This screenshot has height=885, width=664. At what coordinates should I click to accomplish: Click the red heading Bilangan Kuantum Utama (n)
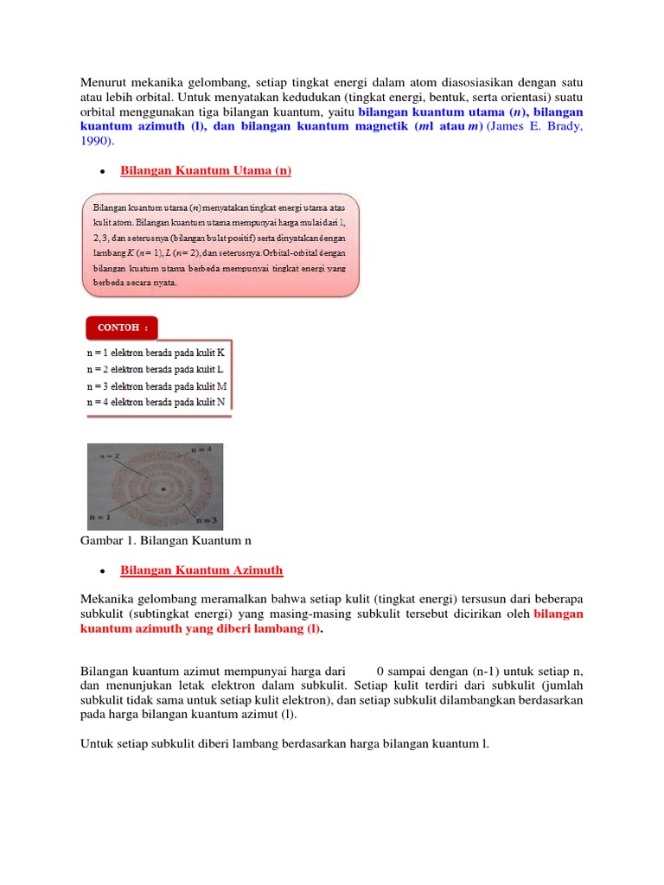(x=206, y=171)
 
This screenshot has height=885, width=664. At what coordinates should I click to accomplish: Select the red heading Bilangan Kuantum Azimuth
(x=201, y=570)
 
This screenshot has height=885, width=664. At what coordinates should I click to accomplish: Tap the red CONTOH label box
(x=122, y=328)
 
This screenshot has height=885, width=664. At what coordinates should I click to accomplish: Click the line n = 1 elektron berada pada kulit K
(x=156, y=353)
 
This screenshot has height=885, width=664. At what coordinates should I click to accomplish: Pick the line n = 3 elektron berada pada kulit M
(x=156, y=386)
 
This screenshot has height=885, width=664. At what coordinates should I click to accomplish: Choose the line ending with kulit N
(x=156, y=402)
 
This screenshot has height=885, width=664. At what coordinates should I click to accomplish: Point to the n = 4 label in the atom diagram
(x=200, y=450)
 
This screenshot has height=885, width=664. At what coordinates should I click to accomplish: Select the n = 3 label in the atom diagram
(x=207, y=521)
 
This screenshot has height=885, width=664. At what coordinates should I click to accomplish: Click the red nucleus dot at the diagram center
(x=162, y=491)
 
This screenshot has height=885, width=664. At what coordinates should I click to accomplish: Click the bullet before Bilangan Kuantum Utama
(x=102, y=172)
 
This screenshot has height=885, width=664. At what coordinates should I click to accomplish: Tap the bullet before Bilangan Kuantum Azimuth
(x=102, y=571)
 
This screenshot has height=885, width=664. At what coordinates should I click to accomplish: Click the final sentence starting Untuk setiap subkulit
(x=284, y=743)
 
